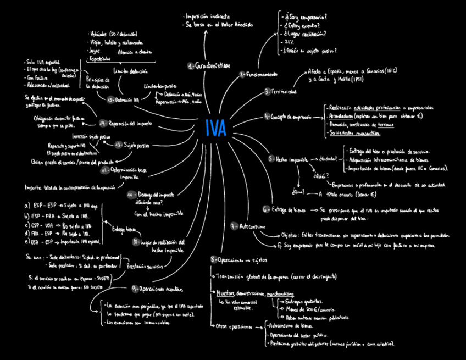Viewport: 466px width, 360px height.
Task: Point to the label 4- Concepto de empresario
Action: [287, 117]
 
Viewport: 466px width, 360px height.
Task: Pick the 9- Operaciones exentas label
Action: [157, 289]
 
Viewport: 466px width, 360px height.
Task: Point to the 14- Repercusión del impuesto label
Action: [125, 123]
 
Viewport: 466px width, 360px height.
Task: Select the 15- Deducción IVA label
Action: [123, 100]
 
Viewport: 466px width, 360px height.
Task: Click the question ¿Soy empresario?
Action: [303, 17]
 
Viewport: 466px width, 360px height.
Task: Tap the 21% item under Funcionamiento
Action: [290, 42]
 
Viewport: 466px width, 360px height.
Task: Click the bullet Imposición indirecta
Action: [208, 17]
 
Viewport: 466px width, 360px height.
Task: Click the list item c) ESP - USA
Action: [38, 225]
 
